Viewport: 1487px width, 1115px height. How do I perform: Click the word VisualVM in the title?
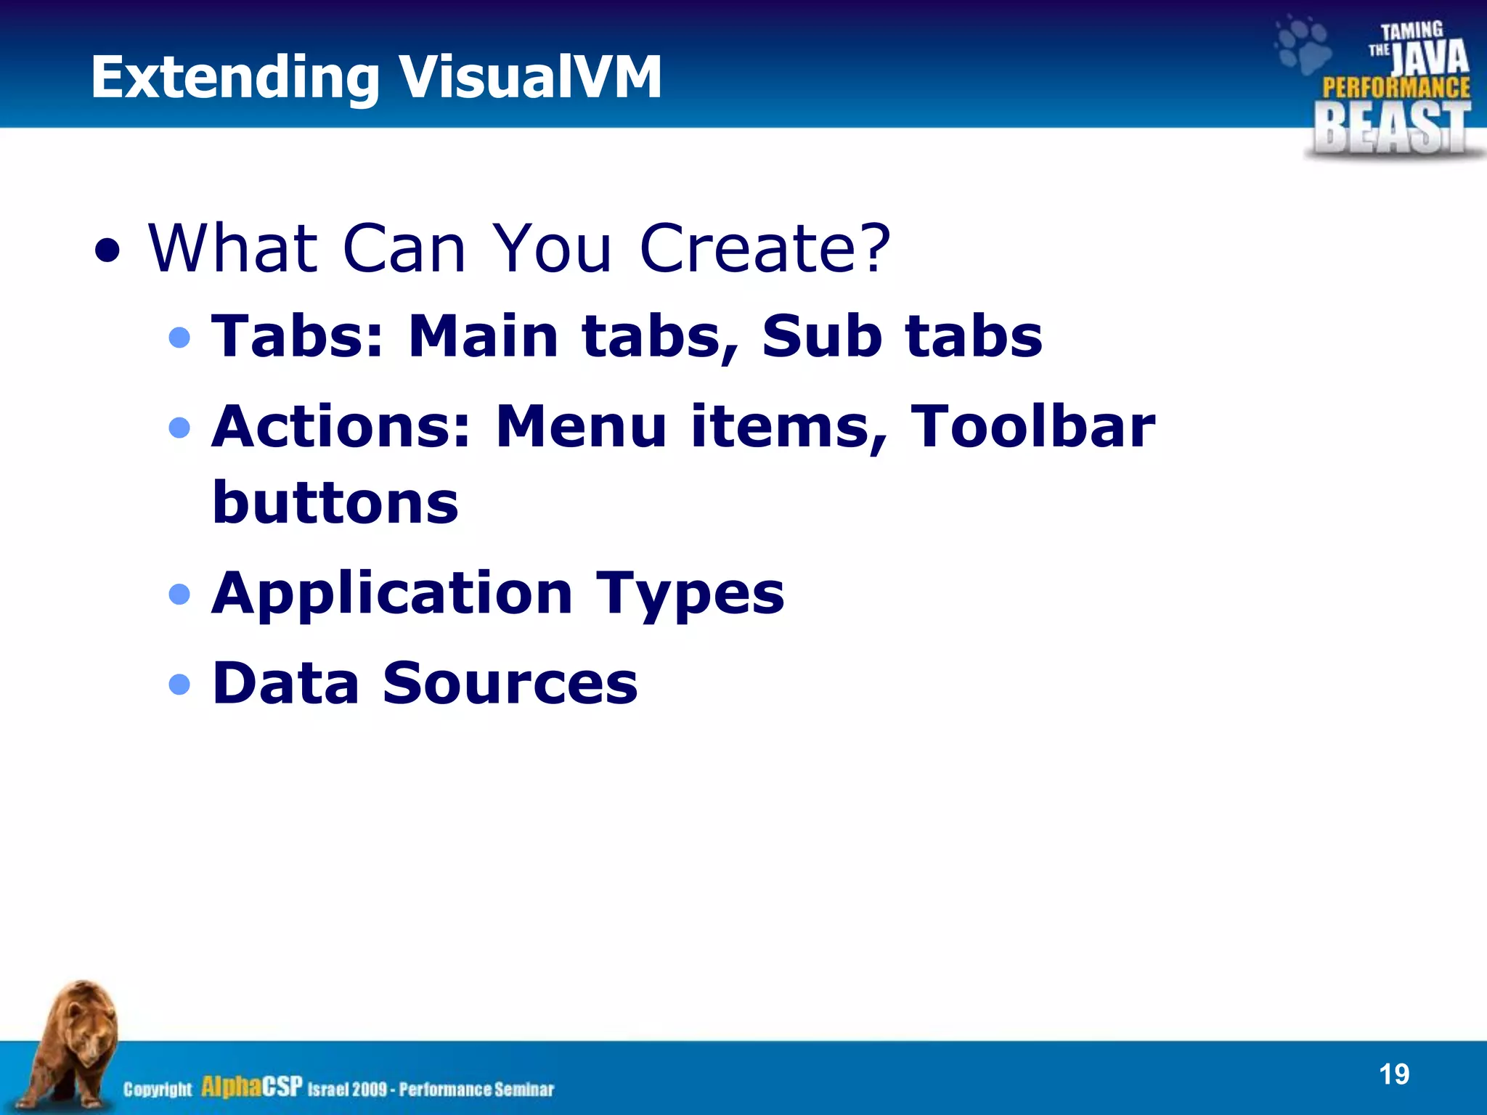point(530,77)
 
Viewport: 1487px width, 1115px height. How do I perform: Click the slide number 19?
point(1393,1074)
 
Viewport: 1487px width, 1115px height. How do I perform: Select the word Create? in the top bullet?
point(765,248)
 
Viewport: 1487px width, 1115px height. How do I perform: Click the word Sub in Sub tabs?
point(821,336)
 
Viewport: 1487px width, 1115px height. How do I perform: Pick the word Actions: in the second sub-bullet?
point(341,426)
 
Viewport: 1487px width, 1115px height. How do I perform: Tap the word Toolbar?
point(1032,426)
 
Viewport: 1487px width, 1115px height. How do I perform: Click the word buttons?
point(335,502)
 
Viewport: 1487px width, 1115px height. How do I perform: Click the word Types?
point(690,594)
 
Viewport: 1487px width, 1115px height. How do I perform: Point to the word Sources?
point(510,683)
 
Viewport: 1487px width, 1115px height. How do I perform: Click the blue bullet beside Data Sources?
point(179,684)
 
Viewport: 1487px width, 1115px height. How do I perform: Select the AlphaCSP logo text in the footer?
point(251,1087)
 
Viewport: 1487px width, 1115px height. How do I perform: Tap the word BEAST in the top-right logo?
point(1391,128)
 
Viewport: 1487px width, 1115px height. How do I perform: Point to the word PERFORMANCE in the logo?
point(1396,88)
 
